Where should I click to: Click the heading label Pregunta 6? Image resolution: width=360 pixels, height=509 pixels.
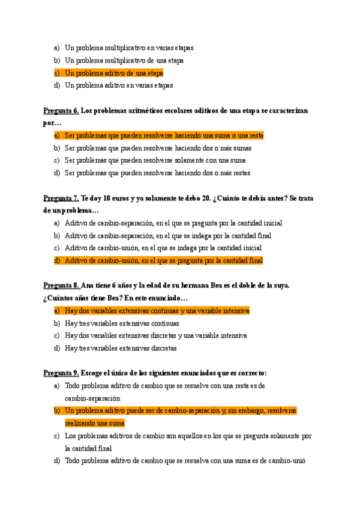(61, 111)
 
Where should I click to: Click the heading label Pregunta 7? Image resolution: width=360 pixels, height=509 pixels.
(61, 199)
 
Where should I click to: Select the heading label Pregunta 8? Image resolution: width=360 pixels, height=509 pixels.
(61, 286)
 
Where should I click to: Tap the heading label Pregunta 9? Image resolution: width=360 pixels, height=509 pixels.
(61, 373)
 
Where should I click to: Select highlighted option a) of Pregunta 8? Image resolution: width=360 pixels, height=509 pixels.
(157, 311)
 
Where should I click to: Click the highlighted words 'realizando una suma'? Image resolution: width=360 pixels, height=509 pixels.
(95, 423)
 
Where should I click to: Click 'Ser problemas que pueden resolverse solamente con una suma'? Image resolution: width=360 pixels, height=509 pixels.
(155, 160)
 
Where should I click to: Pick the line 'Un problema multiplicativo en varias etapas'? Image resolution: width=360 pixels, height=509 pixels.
(129, 48)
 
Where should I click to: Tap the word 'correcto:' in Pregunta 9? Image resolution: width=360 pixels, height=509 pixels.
(252, 373)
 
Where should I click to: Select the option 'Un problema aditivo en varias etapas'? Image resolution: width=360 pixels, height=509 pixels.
(119, 85)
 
